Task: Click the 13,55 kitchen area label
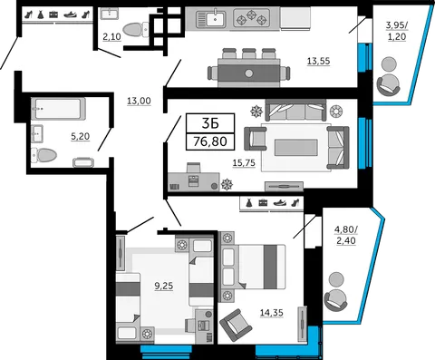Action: tap(318, 62)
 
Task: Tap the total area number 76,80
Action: tap(210, 141)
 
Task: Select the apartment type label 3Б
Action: tap(210, 123)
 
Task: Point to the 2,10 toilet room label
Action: tap(111, 37)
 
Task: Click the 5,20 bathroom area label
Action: tap(80, 137)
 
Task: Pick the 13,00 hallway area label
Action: tap(139, 101)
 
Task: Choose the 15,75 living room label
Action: tap(244, 163)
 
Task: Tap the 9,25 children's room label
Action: tap(164, 286)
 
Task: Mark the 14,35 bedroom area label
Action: tap(272, 313)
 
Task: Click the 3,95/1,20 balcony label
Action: tap(397, 31)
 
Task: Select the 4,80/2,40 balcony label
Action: tap(346, 235)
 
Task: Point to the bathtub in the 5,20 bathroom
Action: tap(58, 108)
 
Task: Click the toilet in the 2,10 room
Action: tap(136, 30)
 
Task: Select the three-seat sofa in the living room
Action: tap(295, 110)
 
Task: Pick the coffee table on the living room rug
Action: tap(295, 148)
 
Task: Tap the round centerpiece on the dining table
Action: tap(249, 73)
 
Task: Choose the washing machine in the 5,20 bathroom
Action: tap(83, 162)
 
